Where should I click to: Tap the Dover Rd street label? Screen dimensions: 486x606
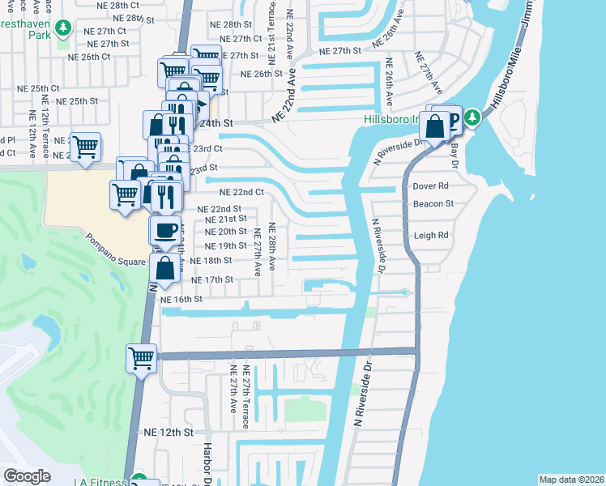click(430, 185)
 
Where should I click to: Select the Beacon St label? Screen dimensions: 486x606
click(433, 204)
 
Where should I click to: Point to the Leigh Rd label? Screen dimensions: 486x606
click(431, 236)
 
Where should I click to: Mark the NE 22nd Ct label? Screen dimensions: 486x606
click(242, 192)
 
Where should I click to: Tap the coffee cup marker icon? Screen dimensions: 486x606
click(165, 230)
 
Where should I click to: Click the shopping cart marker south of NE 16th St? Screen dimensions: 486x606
click(141, 357)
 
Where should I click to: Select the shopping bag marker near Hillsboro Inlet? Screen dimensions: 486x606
click(435, 126)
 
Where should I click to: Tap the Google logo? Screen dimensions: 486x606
click(27, 476)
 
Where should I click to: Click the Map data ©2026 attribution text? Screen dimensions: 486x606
click(571, 480)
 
